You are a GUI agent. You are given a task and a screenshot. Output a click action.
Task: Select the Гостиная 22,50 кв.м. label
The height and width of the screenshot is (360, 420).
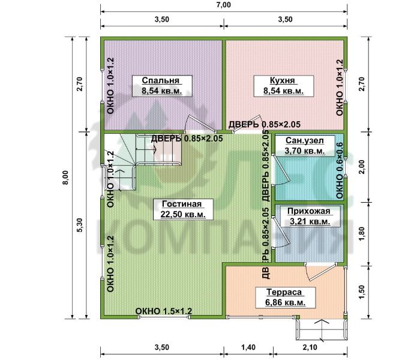[x=183, y=209]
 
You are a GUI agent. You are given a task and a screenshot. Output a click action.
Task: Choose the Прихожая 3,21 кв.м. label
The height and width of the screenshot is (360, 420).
[x=310, y=217]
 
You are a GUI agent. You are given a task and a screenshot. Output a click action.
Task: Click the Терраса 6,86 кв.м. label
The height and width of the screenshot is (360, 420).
[x=285, y=298]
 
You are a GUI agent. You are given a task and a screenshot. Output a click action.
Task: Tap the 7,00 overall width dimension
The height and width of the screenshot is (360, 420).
[x=224, y=5]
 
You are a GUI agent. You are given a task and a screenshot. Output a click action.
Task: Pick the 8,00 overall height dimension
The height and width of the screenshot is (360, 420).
[x=65, y=178]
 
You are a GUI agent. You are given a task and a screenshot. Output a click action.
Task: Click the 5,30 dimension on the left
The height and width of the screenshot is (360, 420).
[x=80, y=225]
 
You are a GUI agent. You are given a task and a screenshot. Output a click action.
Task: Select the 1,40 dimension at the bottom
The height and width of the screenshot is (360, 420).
[x=248, y=347]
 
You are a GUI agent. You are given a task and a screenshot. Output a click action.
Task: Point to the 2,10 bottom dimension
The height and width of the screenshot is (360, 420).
[x=310, y=347]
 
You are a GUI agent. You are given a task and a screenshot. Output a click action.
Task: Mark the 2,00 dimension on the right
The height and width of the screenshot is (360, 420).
[x=362, y=167]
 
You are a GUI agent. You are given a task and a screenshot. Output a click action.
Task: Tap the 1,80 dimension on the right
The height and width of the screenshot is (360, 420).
[x=362, y=234]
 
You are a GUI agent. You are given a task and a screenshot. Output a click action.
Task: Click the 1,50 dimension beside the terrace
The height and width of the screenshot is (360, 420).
[x=362, y=292]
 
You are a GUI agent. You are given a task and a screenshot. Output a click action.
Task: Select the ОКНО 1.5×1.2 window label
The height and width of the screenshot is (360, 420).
[x=164, y=311]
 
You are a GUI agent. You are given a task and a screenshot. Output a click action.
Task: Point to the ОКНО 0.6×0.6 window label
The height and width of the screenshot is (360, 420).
[x=340, y=170]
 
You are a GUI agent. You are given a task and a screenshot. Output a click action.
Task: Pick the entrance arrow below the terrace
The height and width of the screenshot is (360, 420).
[x=323, y=330]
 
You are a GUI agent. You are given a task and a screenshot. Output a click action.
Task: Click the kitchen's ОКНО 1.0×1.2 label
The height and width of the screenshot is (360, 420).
[x=340, y=88]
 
